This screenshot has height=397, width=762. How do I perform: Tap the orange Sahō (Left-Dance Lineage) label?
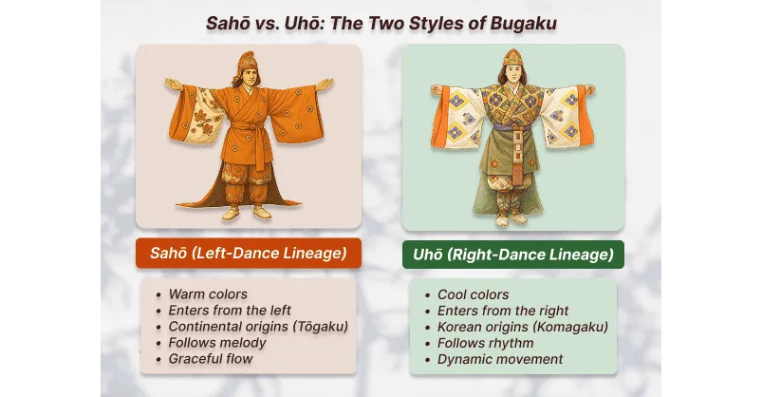(x=248, y=253)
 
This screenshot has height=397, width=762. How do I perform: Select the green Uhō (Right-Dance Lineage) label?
(x=512, y=254)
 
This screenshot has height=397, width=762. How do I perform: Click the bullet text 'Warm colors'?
(x=208, y=294)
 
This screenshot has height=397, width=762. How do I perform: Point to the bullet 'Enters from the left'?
(x=230, y=311)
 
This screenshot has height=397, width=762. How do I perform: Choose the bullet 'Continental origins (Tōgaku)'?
(x=258, y=327)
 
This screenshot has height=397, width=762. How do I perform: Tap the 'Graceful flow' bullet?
(x=211, y=359)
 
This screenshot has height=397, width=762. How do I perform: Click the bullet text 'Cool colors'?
(x=473, y=294)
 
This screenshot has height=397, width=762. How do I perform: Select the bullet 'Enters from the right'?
(x=503, y=311)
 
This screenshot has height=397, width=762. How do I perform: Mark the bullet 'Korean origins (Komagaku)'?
(x=522, y=327)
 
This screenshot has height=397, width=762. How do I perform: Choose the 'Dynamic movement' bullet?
(x=500, y=359)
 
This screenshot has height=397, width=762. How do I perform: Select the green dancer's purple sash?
(x=513, y=124)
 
